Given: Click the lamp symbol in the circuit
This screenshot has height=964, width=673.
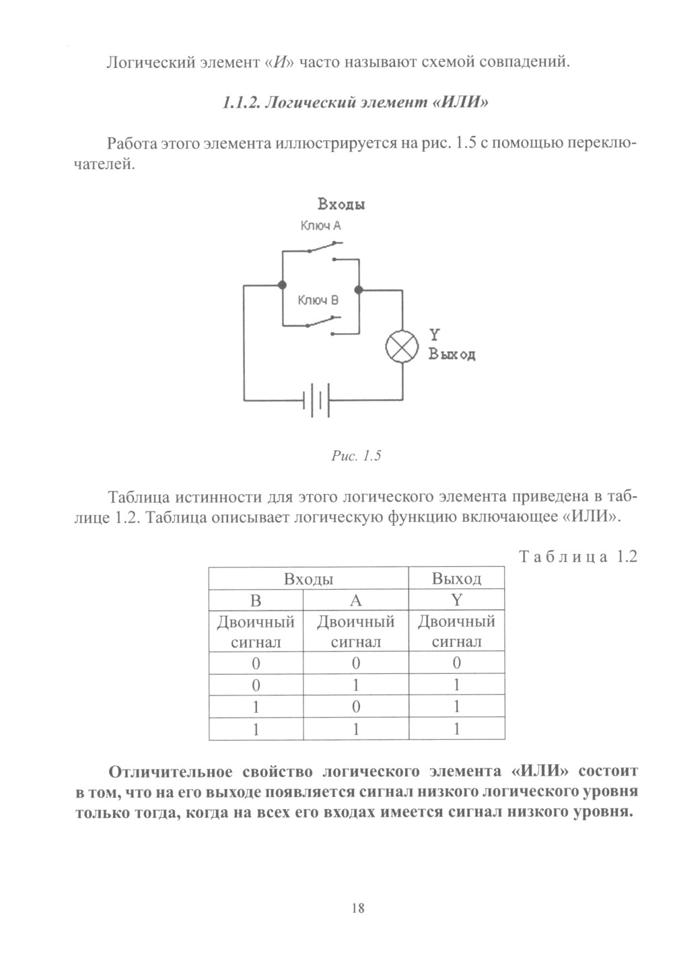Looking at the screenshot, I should click(402, 348).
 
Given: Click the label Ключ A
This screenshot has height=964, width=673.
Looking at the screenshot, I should click(320, 226).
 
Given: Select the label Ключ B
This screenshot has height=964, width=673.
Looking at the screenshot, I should click(318, 300).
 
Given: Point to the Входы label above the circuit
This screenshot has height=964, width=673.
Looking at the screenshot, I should click(341, 204).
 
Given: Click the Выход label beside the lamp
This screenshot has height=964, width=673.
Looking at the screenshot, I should click(452, 355).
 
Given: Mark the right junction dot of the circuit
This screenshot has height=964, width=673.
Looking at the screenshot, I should click(359, 290).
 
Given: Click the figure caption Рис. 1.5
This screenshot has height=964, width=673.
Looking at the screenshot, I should click(357, 456).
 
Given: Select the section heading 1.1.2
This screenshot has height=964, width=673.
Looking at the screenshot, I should click(355, 103).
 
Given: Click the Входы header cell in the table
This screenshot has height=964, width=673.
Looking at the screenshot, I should click(309, 579).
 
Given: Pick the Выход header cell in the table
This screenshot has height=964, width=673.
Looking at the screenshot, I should click(456, 579).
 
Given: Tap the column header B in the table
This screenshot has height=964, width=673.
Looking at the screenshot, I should click(256, 600).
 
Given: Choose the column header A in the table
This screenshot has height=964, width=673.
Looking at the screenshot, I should click(356, 600).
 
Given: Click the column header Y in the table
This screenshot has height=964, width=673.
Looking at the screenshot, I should click(456, 600).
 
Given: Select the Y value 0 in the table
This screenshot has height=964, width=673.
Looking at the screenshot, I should click(456, 663).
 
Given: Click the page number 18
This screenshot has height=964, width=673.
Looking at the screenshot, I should click(357, 908).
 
